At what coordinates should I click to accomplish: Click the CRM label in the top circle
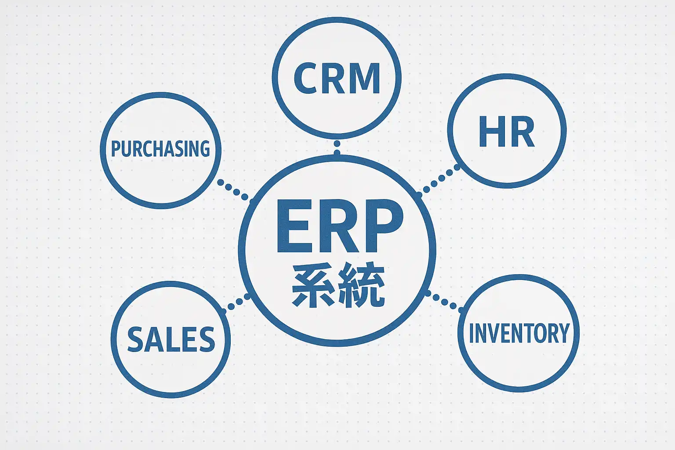click(x=337, y=78)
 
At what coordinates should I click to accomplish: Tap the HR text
click(x=506, y=132)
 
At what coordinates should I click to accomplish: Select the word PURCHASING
click(x=160, y=149)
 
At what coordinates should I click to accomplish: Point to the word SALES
click(x=171, y=339)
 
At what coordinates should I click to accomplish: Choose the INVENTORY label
click(x=519, y=333)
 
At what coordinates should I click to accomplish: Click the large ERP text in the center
click(x=339, y=226)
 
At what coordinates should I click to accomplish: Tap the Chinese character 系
click(x=313, y=285)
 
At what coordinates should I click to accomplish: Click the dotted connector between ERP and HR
click(x=439, y=179)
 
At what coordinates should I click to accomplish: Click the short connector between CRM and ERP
click(x=337, y=147)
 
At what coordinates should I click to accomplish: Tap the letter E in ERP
click(x=293, y=226)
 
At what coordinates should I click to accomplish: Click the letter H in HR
click(x=490, y=132)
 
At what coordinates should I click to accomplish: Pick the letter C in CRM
click(x=306, y=78)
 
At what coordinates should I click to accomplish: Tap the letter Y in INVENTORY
click(x=562, y=333)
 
